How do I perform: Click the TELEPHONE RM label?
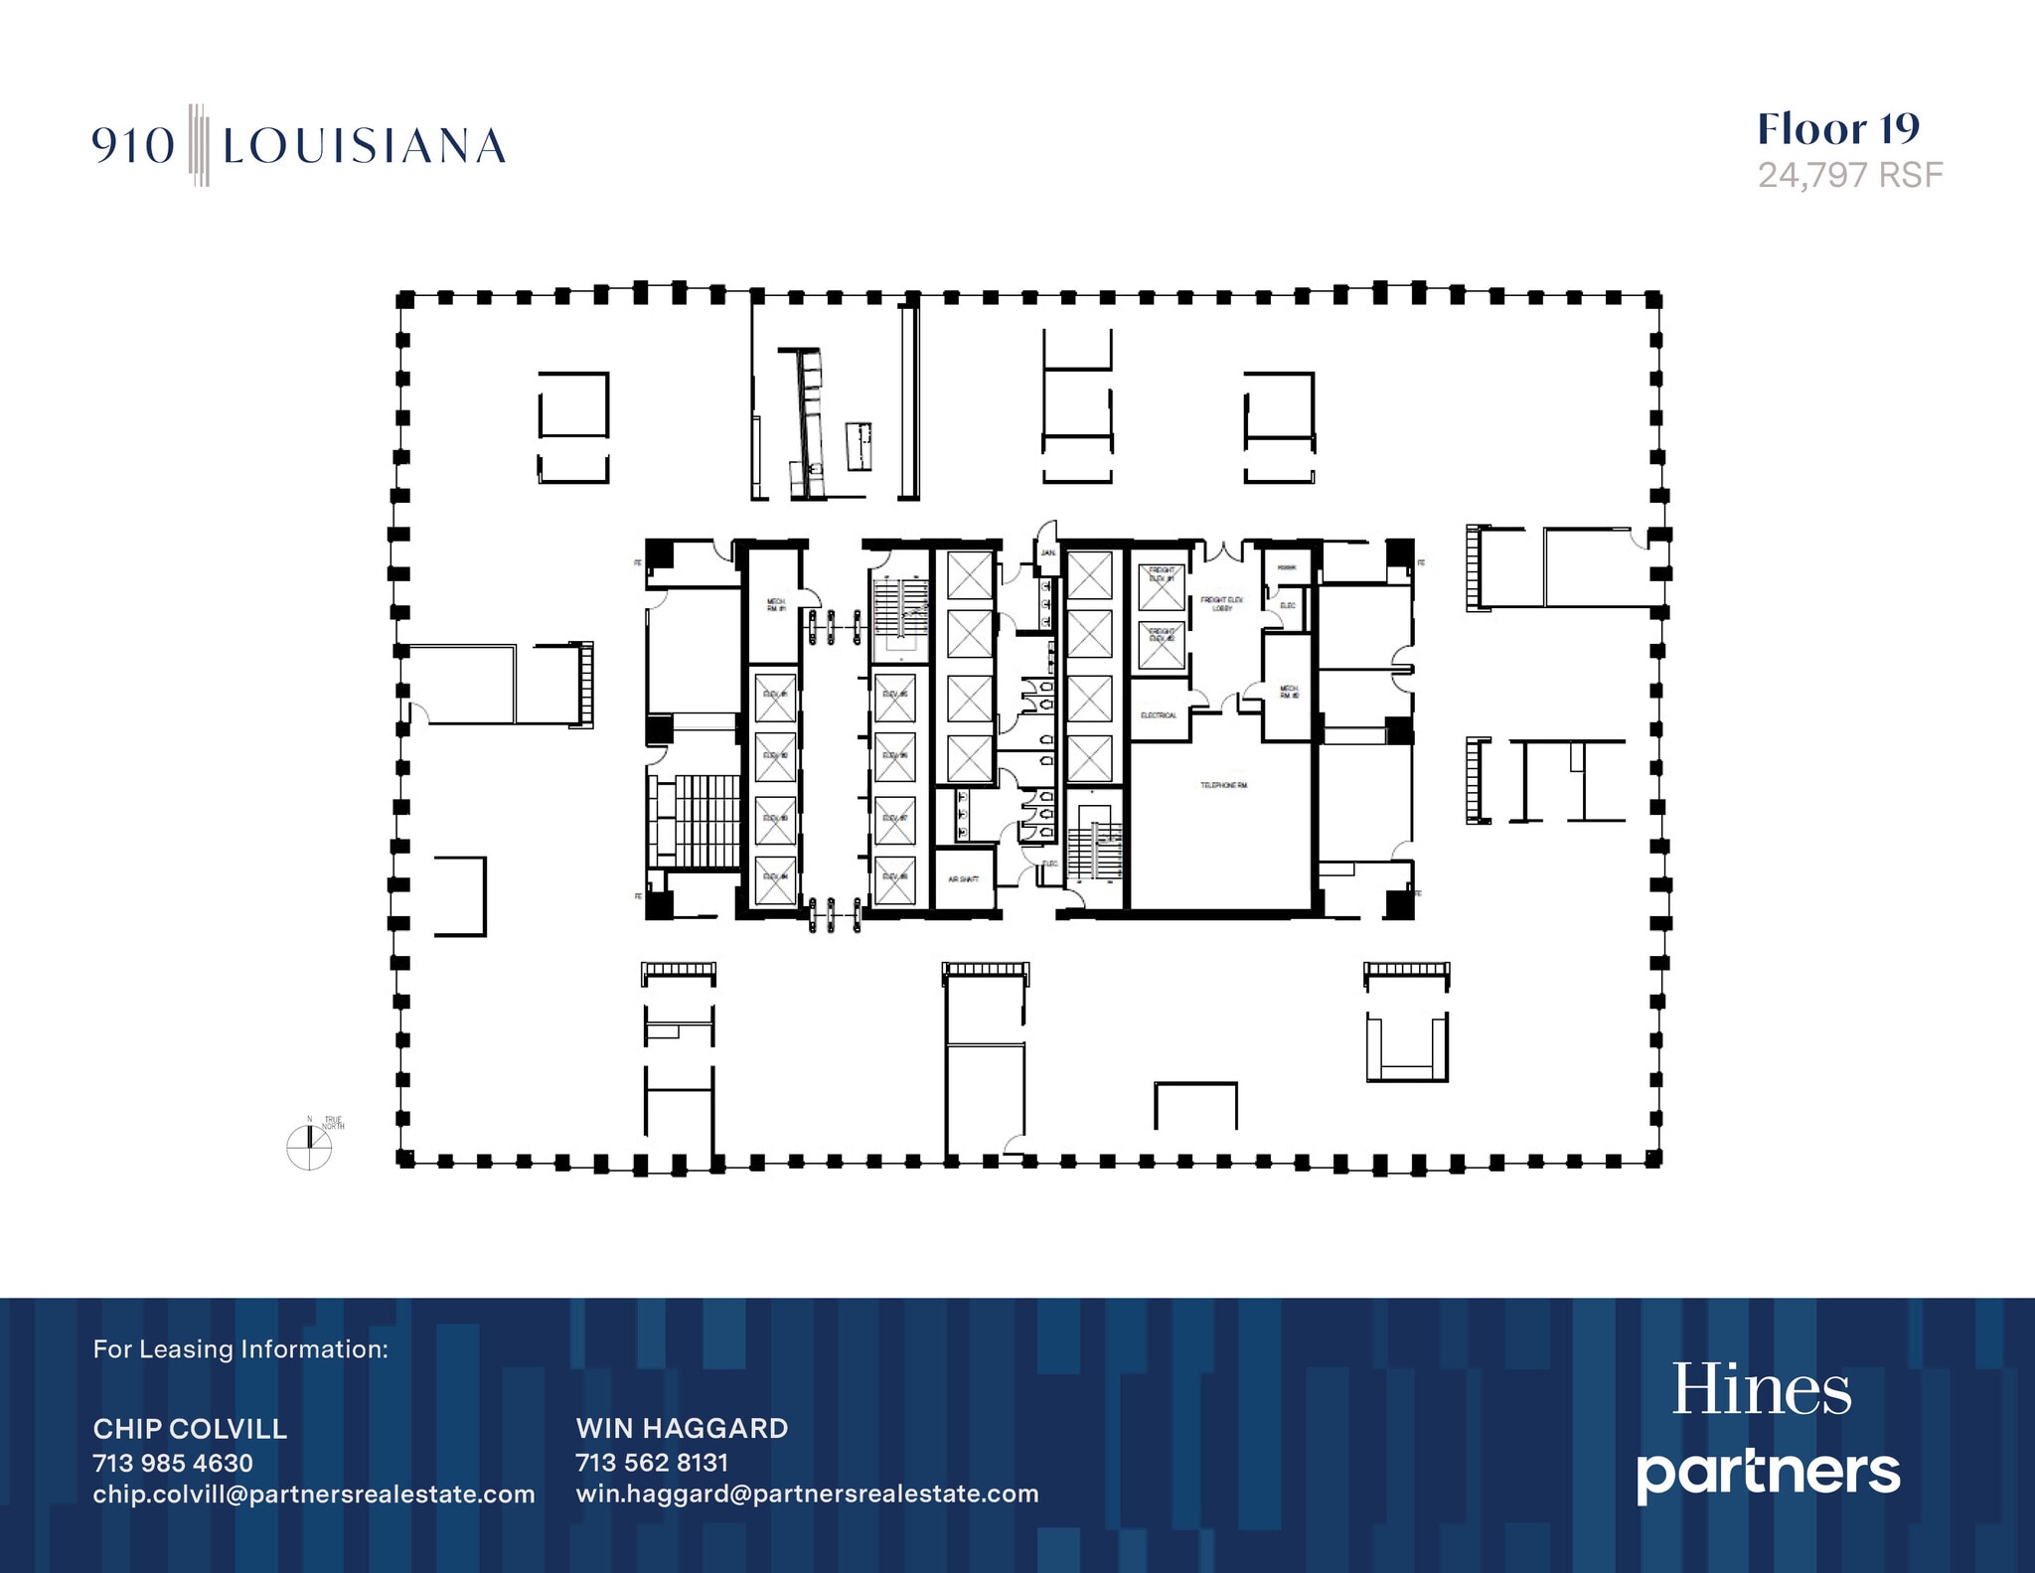[1223, 785]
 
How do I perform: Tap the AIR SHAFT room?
[964, 879]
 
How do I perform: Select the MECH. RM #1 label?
[776, 604]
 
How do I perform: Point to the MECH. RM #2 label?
[1289, 692]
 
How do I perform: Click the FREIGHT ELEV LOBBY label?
[1221, 603]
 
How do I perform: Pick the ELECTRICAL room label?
[1159, 715]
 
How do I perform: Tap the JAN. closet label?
[1047, 552]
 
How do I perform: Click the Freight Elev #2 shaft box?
[1161, 646]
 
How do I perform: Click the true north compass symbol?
[309, 1147]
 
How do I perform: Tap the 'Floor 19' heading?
[1838, 129]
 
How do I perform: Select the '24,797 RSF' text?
[1849, 175]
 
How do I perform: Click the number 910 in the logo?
[133, 146]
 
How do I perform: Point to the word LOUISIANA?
[364, 146]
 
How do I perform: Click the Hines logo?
[1761, 1389]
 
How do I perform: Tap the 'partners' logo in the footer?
[1768, 1473]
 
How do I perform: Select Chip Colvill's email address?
[314, 1494]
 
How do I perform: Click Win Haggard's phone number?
[652, 1463]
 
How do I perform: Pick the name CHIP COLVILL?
[190, 1429]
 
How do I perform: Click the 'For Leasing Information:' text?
[240, 1349]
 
